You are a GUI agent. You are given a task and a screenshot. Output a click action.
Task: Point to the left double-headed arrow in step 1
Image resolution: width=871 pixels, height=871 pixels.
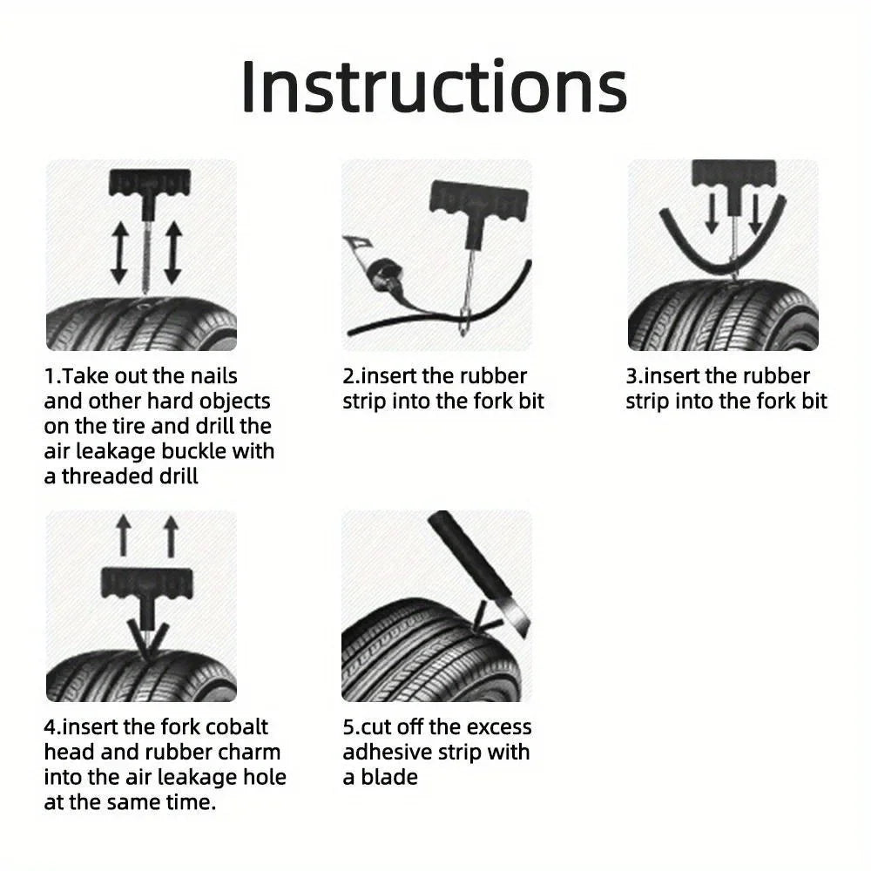(119, 253)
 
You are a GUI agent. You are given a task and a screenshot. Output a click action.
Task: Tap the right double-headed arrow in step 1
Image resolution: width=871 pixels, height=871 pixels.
(172, 253)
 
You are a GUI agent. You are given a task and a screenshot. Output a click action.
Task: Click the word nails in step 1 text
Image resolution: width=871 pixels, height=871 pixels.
(211, 376)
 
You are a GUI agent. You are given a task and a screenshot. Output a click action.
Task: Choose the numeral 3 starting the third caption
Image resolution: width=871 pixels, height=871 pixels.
(631, 376)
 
